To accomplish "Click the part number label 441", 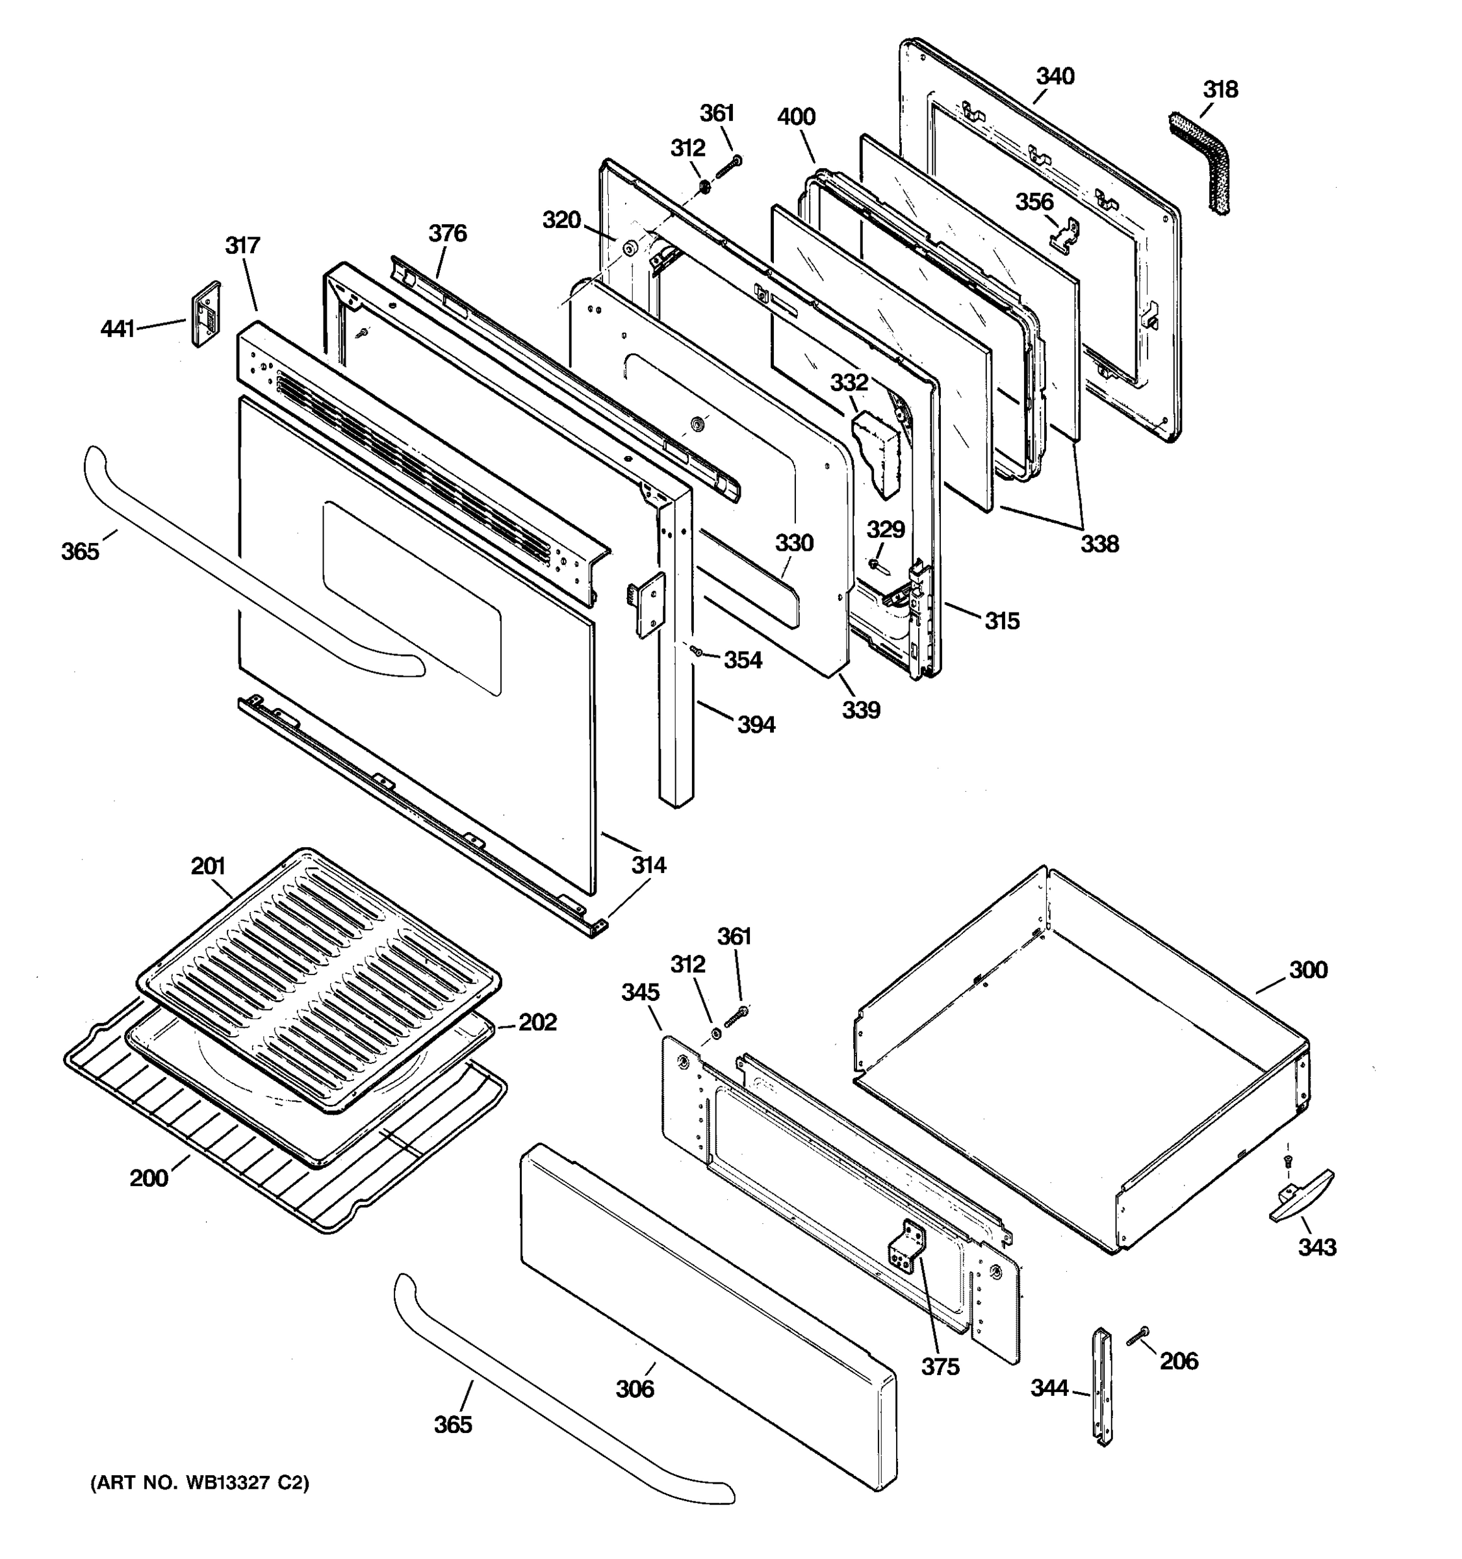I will click(x=118, y=329).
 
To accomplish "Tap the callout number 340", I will click(x=1055, y=77).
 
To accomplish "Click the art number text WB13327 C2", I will click(x=200, y=1483).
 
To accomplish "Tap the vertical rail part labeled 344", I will click(x=1102, y=1385).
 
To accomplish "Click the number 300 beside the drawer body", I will click(x=1308, y=970).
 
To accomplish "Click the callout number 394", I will click(x=756, y=724).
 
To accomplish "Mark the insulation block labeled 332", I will click(x=877, y=453).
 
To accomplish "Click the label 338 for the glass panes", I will click(x=1099, y=544).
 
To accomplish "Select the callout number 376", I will click(x=447, y=234).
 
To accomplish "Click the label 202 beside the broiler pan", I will click(x=537, y=1022).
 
